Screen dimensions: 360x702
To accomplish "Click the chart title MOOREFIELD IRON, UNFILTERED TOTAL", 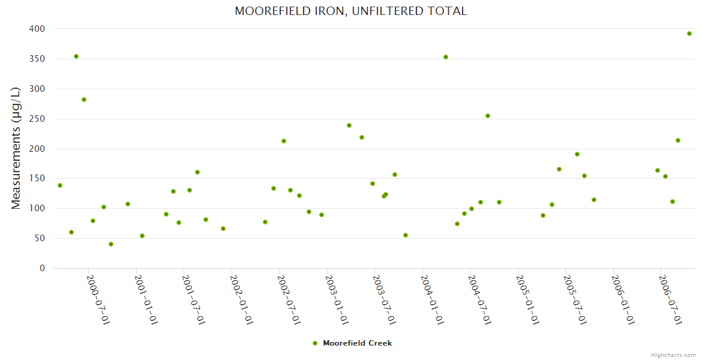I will click(x=351, y=11).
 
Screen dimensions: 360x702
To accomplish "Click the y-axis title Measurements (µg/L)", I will click(x=16, y=148).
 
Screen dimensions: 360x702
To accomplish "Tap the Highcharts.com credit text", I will click(x=673, y=355).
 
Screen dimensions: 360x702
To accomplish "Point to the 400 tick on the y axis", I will click(x=37, y=29).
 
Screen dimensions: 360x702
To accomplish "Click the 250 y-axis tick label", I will click(x=37, y=119).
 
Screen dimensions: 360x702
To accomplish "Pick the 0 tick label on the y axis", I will click(x=42, y=268).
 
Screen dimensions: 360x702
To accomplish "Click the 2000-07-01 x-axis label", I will click(x=98, y=300).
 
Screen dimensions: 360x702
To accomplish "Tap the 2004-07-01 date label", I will click(x=480, y=300).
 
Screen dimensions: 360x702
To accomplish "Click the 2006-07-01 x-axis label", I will click(x=670, y=300).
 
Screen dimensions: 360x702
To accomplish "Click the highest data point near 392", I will click(x=689, y=34).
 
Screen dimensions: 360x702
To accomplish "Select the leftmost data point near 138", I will click(x=60, y=185).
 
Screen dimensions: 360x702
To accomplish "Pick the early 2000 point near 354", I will click(x=76, y=56).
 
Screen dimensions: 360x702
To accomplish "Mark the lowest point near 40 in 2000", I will click(x=111, y=244).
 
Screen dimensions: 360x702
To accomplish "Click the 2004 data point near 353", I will click(x=446, y=57).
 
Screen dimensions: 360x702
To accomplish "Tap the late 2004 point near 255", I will click(x=488, y=116).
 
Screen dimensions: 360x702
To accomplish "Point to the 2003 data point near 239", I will click(x=349, y=125).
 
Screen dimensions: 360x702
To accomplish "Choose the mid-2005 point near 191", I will click(x=577, y=154).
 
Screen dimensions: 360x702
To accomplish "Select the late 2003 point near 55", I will click(x=406, y=235).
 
